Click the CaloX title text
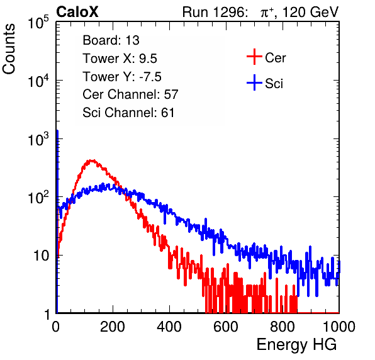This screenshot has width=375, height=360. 77,12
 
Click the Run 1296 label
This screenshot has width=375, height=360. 215,12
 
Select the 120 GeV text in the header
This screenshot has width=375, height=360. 310,12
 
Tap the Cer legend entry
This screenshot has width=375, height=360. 266,57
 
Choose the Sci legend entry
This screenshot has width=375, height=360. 265,83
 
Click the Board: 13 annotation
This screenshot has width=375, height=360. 111,40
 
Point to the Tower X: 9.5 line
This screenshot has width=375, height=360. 120,59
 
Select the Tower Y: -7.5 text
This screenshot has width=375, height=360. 122,77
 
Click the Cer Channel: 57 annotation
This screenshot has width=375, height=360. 130,94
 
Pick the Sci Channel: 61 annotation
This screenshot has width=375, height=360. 128,113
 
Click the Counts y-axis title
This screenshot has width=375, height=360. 9,48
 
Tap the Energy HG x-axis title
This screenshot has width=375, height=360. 296,345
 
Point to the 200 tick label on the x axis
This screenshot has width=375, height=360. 113,327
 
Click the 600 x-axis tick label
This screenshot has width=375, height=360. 226,327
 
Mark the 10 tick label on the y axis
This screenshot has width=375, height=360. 42,256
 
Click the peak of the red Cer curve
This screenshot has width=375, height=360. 91,160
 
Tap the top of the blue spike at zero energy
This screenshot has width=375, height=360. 57,131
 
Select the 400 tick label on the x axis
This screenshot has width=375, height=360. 169,327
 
